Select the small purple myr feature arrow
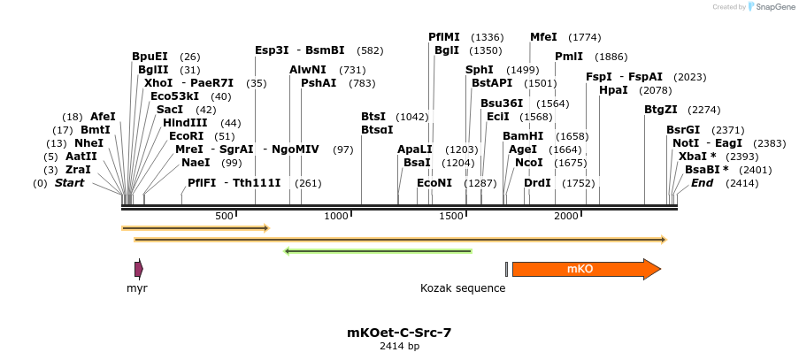tap(138, 269)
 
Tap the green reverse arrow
tap(378, 251)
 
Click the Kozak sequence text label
tap(463, 288)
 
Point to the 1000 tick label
tap(337, 217)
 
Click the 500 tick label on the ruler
tap(223, 217)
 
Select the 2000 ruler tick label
tap(566, 217)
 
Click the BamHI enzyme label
tap(522, 136)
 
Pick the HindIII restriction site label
tap(185, 123)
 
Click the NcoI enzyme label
tap(528, 163)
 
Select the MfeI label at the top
tap(543, 37)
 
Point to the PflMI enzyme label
tap(444, 37)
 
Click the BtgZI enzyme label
tap(661, 110)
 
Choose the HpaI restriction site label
tap(613, 90)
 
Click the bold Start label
tap(70, 183)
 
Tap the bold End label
tap(702, 183)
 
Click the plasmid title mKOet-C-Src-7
tap(399, 333)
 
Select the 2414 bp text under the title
tap(399, 347)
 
